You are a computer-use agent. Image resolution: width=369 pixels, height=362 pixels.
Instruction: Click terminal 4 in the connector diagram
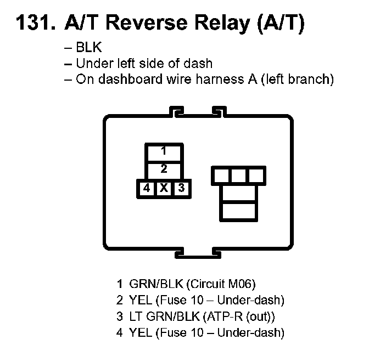(146, 188)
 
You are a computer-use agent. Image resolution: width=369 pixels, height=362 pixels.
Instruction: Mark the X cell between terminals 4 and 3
(164, 188)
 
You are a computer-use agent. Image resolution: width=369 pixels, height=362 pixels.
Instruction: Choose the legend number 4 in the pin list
(119, 332)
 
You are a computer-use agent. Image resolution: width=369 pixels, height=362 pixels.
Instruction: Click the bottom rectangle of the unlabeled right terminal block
(238, 211)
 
